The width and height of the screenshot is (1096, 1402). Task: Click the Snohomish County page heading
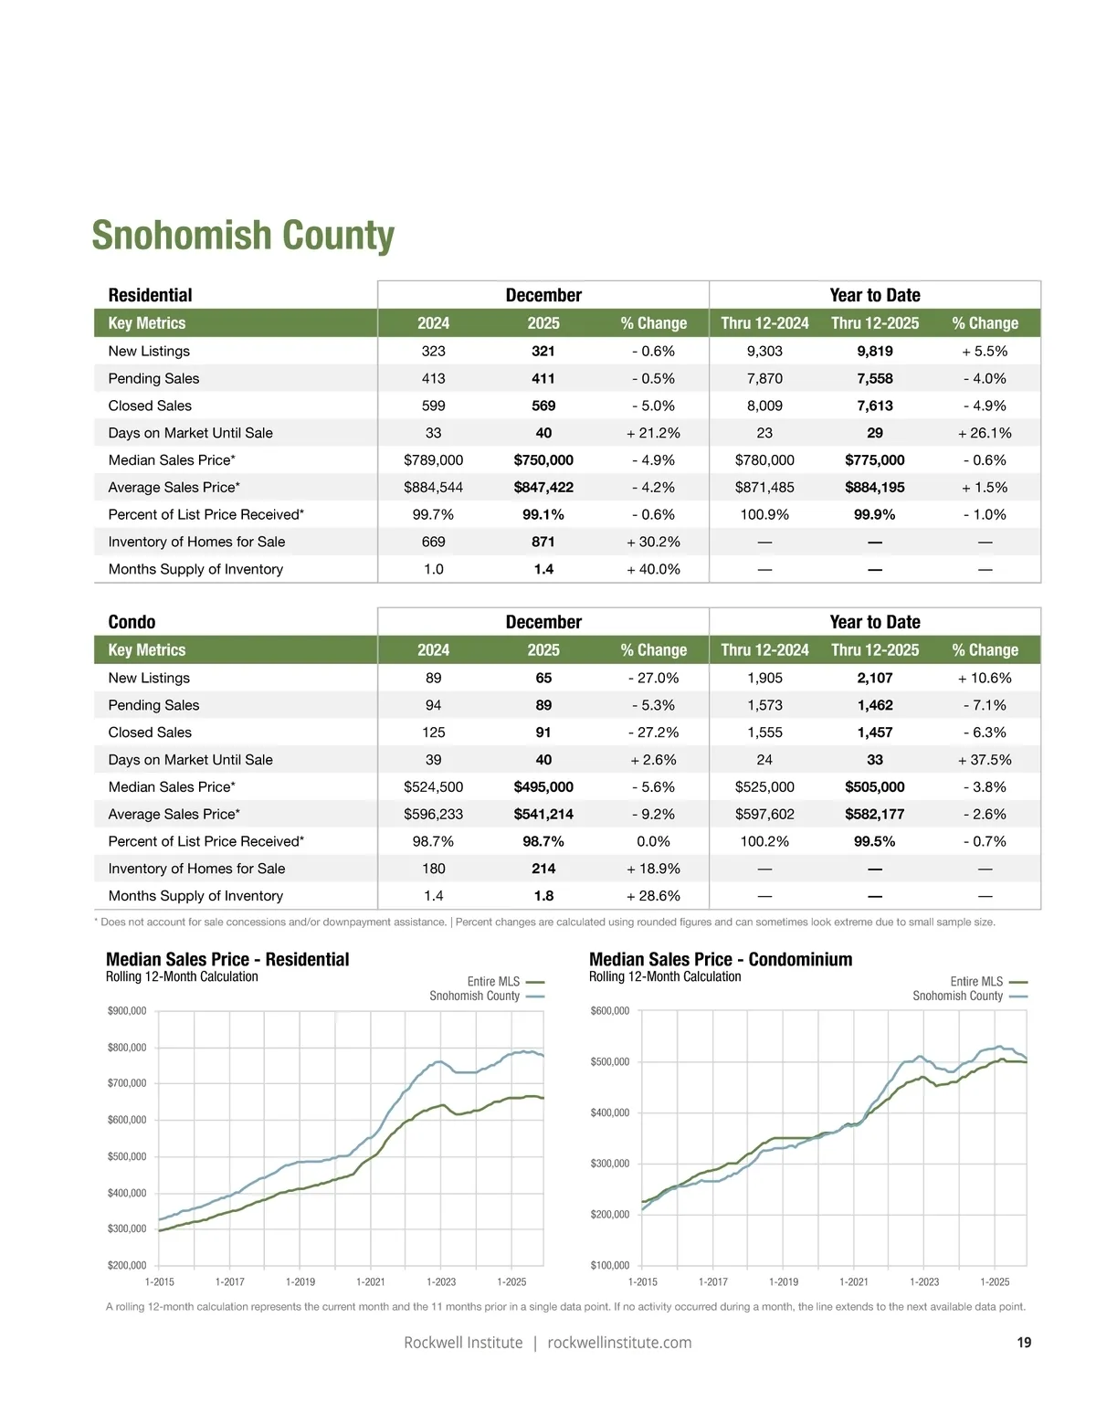click(x=243, y=236)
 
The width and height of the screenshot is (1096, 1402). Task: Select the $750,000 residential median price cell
click(x=543, y=460)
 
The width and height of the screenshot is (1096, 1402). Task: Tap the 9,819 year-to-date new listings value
click(x=874, y=351)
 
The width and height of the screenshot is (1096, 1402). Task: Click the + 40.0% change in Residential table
click(x=653, y=569)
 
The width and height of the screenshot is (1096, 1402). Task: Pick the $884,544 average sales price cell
click(x=433, y=488)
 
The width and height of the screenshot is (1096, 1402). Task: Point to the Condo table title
click(x=132, y=622)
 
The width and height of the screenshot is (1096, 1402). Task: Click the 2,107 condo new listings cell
click(x=874, y=678)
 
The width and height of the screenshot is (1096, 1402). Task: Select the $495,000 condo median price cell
click(x=543, y=787)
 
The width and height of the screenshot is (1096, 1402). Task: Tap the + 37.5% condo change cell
click(x=985, y=760)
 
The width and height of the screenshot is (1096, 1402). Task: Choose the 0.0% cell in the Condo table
click(x=653, y=841)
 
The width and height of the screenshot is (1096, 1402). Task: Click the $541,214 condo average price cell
click(x=543, y=814)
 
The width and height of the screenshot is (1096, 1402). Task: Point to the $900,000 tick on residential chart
click(x=127, y=1011)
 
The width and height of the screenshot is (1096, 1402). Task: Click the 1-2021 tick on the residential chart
click(x=371, y=1282)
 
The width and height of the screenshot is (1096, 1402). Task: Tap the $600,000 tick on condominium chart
click(x=610, y=1011)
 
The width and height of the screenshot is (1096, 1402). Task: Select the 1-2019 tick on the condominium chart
click(x=784, y=1282)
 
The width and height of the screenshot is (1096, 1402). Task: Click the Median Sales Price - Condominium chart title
click(x=721, y=960)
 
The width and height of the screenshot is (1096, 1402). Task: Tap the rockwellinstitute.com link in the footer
click(x=619, y=1343)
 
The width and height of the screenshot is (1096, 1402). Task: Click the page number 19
click(x=1024, y=1343)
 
